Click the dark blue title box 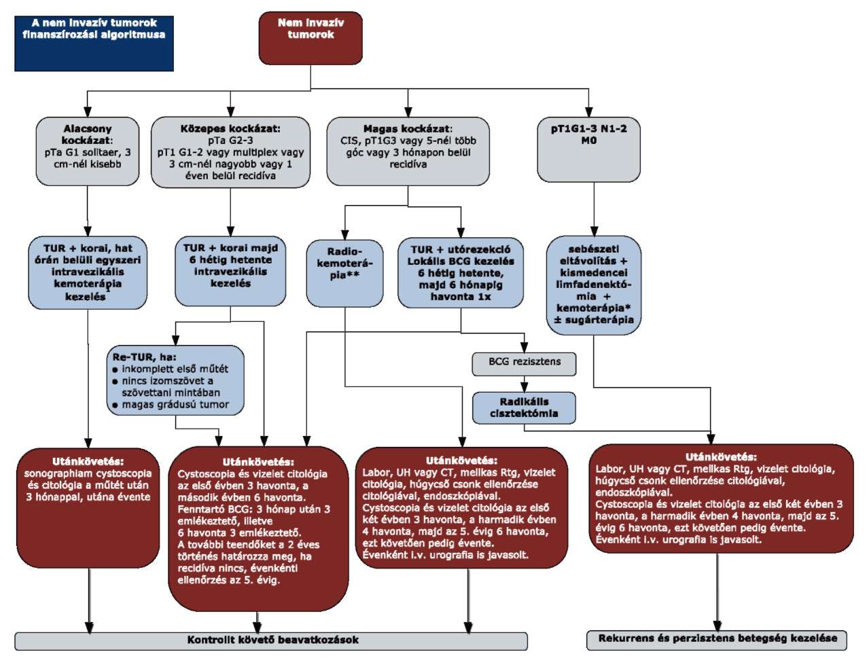coord(94,43)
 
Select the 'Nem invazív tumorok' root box coord(311,38)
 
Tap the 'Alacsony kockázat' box coord(88,151)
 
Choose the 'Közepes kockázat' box coord(230,152)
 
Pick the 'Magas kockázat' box coord(408,151)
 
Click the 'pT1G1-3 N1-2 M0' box coord(589,149)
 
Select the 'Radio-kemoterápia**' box coord(344,274)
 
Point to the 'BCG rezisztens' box coord(525,364)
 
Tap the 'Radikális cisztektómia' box coord(525,408)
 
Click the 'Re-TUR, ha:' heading coord(145,357)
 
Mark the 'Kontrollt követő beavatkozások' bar coord(271,641)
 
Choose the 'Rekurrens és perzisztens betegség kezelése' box coord(717,640)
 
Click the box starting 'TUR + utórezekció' coord(461,273)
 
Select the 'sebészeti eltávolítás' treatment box coord(594,285)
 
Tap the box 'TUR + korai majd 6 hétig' coord(230,271)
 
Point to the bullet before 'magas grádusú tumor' coord(116,406)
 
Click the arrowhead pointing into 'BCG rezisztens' coord(525,348)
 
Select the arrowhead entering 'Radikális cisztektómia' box coord(525,387)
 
